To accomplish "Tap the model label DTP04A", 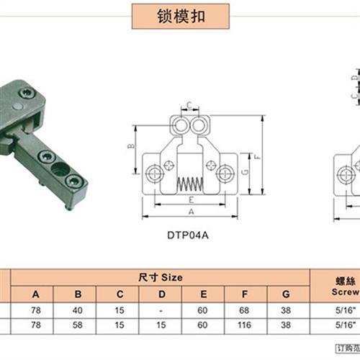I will pos(191,234).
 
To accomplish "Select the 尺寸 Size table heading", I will pos(161,277).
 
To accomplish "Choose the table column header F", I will pos(245,293).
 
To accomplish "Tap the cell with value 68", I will pos(245,310).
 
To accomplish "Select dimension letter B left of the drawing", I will pos(131,146).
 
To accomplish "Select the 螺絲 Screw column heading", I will pos(335,284).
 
